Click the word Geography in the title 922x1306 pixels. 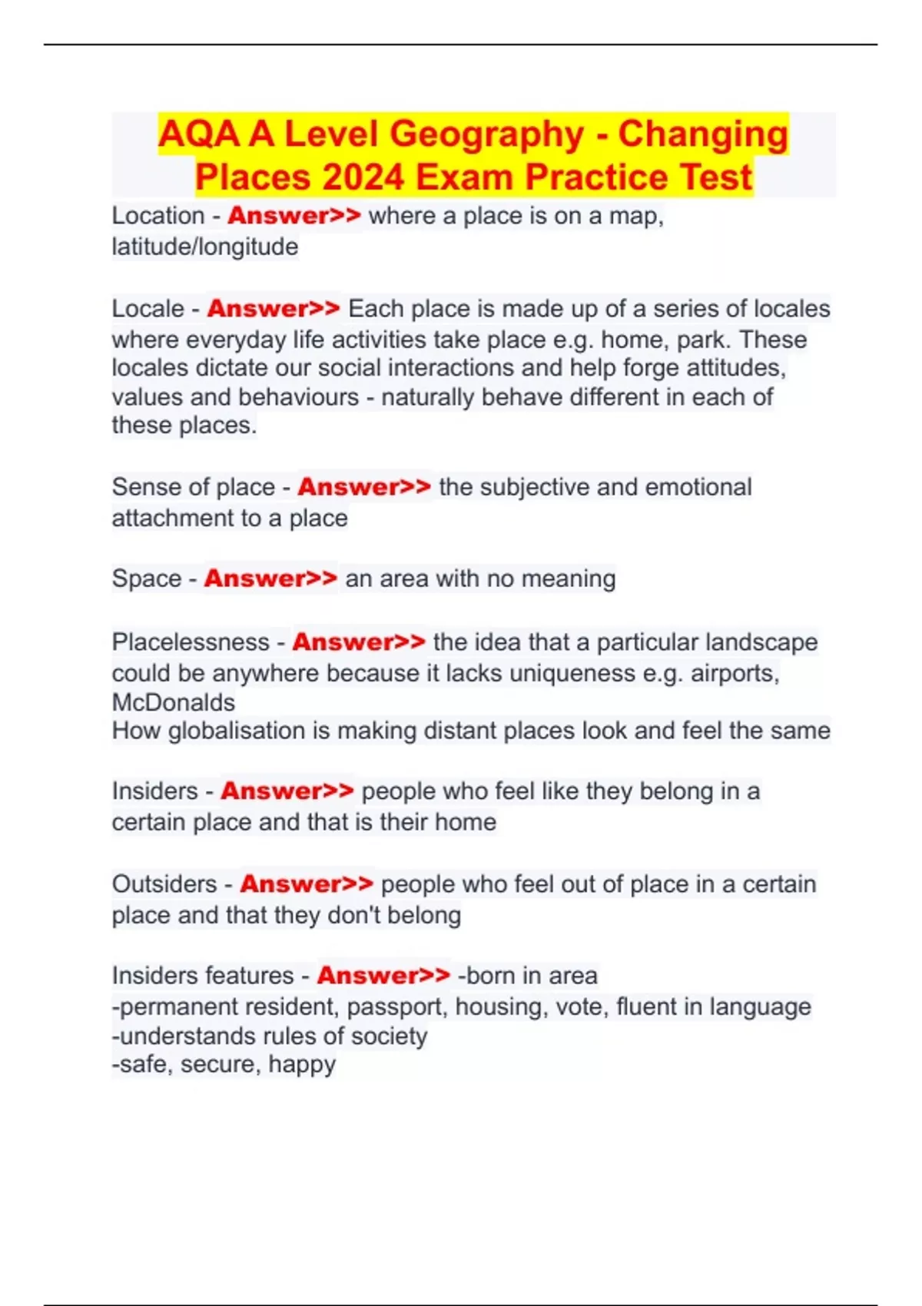click(x=488, y=135)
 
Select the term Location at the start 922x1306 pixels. click(x=158, y=216)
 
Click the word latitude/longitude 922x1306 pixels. click(x=205, y=247)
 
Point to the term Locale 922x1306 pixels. click(x=148, y=309)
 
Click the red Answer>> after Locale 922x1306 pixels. click(x=274, y=309)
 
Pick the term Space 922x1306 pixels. click(x=147, y=578)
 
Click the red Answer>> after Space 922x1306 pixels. click(x=270, y=578)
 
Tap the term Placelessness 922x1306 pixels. click(x=191, y=642)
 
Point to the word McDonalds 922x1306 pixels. click(x=174, y=702)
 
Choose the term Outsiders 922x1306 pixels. click(x=164, y=884)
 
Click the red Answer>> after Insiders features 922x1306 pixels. click(x=383, y=976)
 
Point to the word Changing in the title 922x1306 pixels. click(x=703, y=135)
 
